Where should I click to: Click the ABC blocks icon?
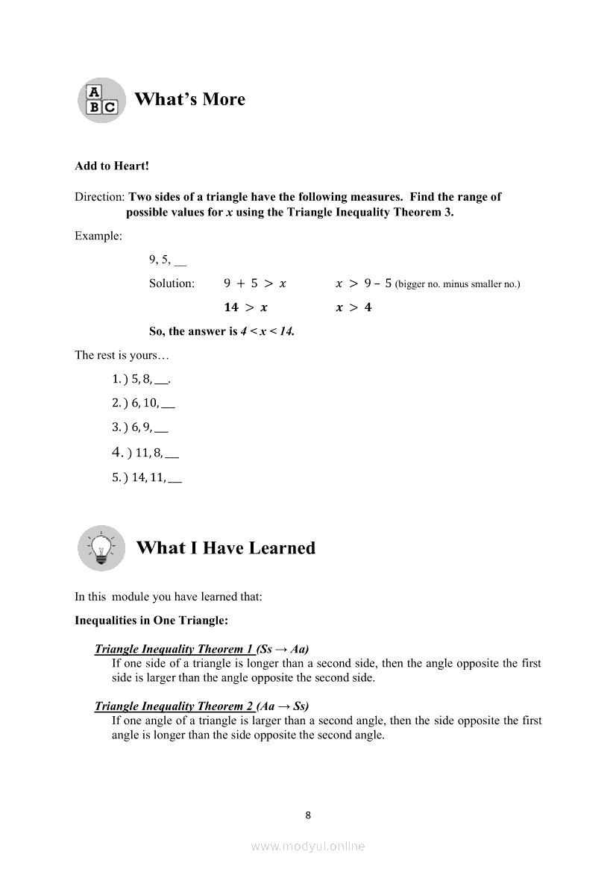coord(101,100)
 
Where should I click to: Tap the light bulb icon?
coord(101,548)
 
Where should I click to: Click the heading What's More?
coord(190,99)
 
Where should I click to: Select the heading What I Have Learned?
coord(225,548)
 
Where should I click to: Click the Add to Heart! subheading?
coord(112,166)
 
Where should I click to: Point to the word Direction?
coord(100,197)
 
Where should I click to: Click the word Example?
coord(98,236)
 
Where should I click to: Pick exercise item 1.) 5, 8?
coord(142,379)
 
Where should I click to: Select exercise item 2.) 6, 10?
coord(143,404)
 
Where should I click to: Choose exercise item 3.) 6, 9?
coord(139,428)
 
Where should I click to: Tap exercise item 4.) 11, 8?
coord(145,452)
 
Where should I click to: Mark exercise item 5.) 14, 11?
coord(147,477)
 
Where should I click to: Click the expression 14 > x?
coord(246,307)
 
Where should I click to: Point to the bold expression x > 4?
coord(353,307)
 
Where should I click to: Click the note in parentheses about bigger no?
coord(457,284)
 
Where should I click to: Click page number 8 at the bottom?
coord(309,815)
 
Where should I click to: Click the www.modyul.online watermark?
coord(308,846)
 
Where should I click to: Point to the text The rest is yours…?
coord(116,355)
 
